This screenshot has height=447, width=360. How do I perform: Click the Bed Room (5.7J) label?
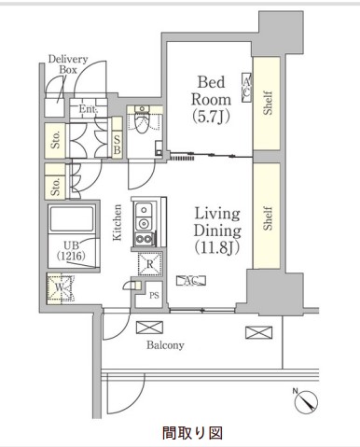[x=211, y=100]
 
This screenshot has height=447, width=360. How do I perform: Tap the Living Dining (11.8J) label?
[x=217, y=230]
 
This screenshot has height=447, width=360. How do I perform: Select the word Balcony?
[x=165, y=345]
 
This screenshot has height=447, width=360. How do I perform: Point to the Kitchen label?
[x=117, y=222]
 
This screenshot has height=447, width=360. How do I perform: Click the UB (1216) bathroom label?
[x=71, y=250]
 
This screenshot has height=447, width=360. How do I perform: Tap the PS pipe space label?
[x=154, y=295]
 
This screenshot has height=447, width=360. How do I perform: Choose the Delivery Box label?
[x=68, y=64]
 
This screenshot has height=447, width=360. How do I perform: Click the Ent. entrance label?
[x=89, y=109]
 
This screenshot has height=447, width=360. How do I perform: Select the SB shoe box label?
[x=117, y=145]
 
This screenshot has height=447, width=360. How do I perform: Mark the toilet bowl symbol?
[x=143, y=122]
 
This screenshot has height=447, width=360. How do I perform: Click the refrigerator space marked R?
[x=150, y=264]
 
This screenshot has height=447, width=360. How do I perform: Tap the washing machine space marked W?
[x=60, y=288]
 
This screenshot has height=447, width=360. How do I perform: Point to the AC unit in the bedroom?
[x=246, y=88]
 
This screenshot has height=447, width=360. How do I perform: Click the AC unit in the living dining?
[x=191, y=281]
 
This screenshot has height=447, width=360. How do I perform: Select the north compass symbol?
[x=306, y=402]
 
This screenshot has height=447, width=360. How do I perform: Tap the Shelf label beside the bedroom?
[x=268, y=103]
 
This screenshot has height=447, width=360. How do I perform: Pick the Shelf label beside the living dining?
[x=268, y=218]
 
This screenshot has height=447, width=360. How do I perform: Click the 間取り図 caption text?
[x=192, y=433]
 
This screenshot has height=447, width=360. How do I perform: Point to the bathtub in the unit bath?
[x=72, y=218]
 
